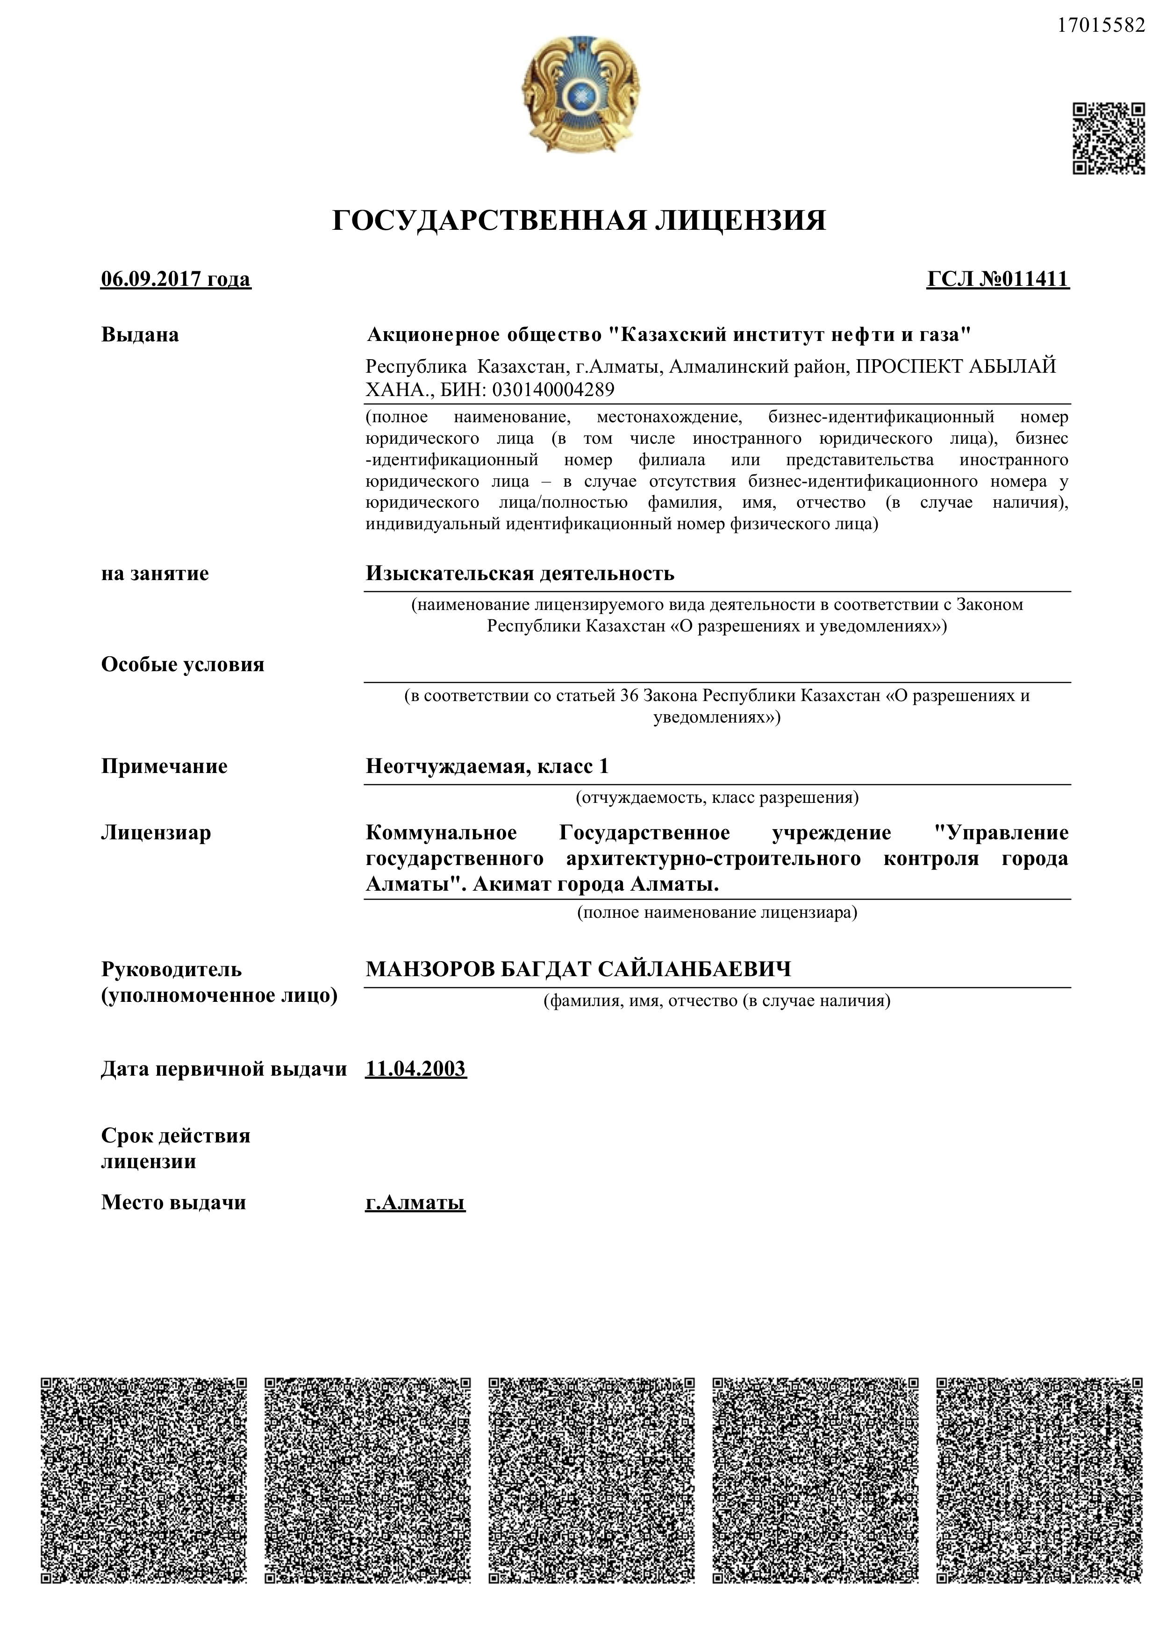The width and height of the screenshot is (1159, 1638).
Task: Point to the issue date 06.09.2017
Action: coord(153,278)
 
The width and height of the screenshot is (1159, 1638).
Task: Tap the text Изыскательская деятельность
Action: coord(520,573)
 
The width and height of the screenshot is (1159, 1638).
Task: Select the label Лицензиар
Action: coord(156,833)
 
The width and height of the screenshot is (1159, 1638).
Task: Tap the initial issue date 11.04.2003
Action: coord(415,1069)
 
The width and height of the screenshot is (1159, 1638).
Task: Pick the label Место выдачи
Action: coord(173,1202)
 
